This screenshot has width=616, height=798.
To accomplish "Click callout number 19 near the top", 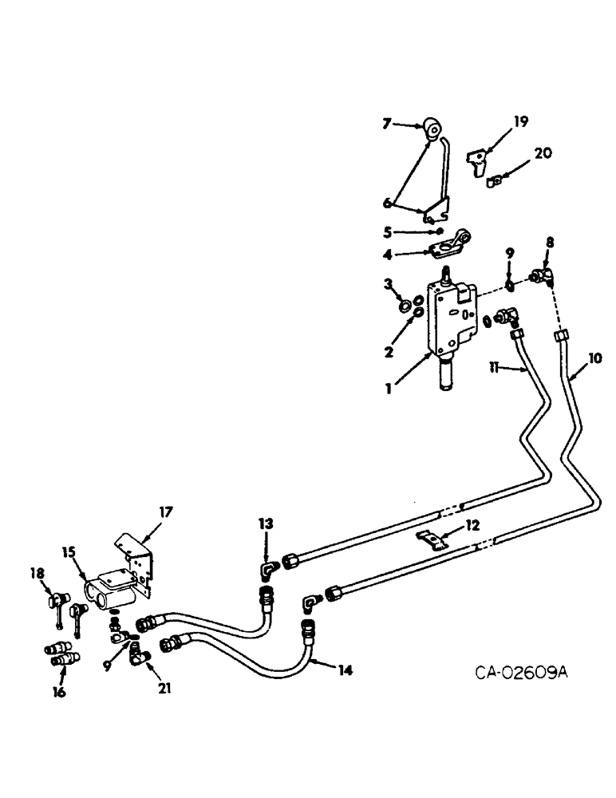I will (x=521, y=122).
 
